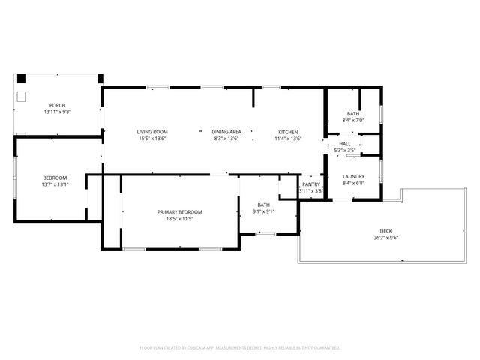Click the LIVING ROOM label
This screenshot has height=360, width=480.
pos(151,132)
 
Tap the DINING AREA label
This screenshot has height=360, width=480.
pos(226,132)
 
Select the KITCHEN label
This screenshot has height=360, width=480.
pos(288,132)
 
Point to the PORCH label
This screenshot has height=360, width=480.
pos(57,106)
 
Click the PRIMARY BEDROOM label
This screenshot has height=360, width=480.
pos(180,212)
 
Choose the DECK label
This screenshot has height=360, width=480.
pos(385,231)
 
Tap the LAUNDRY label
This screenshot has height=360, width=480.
pos(353,177)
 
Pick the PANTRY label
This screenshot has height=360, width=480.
pos(311,184)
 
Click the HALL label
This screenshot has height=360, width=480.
pos(345,144)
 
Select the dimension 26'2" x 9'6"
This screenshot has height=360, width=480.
pos(385,238)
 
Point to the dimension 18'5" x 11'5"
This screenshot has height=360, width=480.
pos(180,219)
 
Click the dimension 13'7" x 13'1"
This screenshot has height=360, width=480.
pos(55,184)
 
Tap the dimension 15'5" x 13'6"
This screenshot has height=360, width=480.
pos(151,139)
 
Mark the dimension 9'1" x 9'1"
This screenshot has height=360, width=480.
pos(264,211)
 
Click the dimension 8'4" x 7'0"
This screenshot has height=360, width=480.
pos(353,121)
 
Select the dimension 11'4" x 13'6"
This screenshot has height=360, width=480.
pos(288,139)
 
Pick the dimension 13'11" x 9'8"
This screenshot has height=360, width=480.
pos(57,112)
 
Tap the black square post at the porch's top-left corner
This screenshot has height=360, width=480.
pos(22,78)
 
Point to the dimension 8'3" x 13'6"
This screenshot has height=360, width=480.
pos(226,139)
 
